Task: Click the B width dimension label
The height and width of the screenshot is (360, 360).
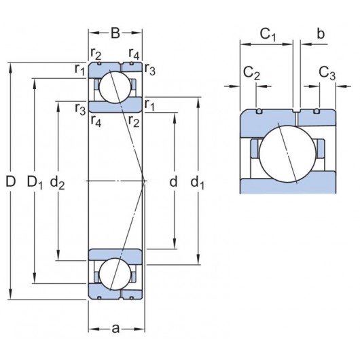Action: point(115,33)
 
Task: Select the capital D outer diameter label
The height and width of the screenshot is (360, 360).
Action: point(10,181)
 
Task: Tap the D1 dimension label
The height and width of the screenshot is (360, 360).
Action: point(35,181)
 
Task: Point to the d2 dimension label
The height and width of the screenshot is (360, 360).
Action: point(59,182)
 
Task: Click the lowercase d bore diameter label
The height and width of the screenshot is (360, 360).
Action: point(174,181)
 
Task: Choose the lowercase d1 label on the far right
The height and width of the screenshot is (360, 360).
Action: point(198,181)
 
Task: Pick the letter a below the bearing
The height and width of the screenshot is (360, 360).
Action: point(115,329)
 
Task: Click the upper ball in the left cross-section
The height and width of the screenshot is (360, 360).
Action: point(115,86)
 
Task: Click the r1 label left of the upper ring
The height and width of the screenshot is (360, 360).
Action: point(80,69)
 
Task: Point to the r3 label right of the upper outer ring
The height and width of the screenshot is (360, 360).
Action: point(150,69)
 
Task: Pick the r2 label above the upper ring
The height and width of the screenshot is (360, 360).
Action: point(96,54)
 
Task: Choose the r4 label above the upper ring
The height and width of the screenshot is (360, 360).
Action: point(134,54)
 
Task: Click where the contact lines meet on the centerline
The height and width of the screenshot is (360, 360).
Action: point(145,181)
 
